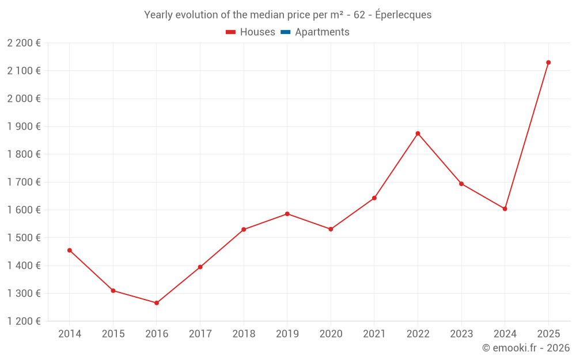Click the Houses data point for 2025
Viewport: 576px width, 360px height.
[x=548, y=62]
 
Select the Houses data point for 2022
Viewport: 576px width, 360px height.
[x=418, y=134]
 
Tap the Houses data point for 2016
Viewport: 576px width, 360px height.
[x=157, y=303]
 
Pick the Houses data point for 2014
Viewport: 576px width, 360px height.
[x=70, y=251]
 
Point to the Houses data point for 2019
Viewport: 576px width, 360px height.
[x=287, y=214]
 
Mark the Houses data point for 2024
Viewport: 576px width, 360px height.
[x=505, y=209]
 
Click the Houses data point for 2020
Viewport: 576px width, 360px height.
[x=331, y=229]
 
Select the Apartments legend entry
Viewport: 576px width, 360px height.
[x=322, y=32]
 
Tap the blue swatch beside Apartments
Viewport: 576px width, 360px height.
[x=285, y=32]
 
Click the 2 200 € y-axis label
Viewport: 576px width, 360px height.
[x=24, y=43]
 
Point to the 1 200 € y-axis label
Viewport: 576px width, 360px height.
[x=24, y=321]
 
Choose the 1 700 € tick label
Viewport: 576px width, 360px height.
[x=24, y=182]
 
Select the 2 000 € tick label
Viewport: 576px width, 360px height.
[x=24, y=98]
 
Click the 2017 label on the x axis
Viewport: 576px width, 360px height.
[x=200, y=334]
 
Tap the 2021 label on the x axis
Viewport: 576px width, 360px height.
[x=374, y=334]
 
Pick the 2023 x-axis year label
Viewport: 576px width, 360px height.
[x=461, y=334]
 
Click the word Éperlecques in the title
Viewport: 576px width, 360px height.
[x=403, y=15]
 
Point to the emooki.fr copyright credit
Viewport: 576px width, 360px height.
[x=526, y=348]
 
